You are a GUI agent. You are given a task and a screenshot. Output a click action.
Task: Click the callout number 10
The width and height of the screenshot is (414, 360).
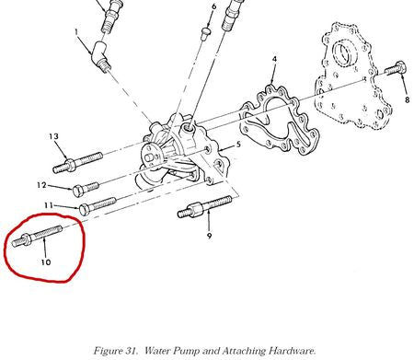(x=46, y=262)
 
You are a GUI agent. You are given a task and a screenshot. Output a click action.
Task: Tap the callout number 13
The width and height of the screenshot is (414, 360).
(x=53, y=136)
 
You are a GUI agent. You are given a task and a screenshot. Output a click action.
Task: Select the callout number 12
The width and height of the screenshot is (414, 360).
(x=41, y=185)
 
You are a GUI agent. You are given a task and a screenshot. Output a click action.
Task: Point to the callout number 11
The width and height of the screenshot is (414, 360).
(x=49, y=205)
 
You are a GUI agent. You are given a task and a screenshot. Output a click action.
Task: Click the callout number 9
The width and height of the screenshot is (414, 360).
(x=209, y=236)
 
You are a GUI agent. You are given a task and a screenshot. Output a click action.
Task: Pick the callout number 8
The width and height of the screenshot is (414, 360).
(x=407, y=99)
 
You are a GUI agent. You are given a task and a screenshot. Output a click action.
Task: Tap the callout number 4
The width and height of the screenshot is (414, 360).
(x=274, y=59)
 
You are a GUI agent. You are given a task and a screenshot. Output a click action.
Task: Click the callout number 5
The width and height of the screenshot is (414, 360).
(x=238, y=145)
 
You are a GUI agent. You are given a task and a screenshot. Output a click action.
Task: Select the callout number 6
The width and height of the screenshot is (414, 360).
(x=213, y=6)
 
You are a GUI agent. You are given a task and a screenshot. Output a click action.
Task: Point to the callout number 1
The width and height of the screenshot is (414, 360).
(x=76, y=31)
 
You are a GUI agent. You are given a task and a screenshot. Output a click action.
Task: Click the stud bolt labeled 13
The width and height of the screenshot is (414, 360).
(x=77, y=162)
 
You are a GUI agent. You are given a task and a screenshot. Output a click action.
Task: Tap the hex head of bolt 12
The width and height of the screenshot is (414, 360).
(x=77, y=192)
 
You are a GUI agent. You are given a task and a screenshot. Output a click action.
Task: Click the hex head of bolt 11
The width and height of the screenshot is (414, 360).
(x=85, y=209)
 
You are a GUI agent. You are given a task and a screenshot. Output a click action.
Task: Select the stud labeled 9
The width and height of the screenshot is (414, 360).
(x=204, y=207)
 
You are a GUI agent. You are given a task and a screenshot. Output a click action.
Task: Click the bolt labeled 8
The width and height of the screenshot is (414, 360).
(x=396, y=69)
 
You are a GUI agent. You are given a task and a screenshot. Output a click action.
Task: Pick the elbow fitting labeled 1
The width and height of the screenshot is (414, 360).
(x=100, y=56)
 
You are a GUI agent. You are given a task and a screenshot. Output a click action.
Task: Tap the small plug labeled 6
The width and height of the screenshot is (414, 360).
(x=206, y=34)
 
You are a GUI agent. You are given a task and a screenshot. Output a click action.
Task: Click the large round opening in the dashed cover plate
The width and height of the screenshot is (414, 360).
(x=345, y=54)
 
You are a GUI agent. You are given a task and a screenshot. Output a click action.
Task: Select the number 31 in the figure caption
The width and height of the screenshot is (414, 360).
(x=132, y=351)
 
